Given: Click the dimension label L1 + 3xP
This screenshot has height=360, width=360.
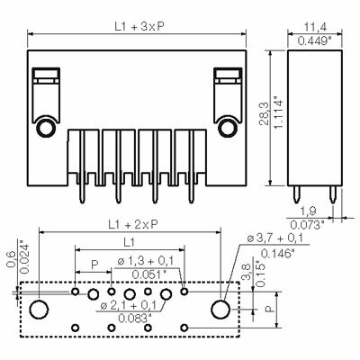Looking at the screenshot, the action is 139,27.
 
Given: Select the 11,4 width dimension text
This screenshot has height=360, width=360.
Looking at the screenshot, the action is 315,27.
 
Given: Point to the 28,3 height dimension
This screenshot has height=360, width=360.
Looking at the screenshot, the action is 265,113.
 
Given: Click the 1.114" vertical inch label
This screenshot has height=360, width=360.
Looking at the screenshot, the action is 279,113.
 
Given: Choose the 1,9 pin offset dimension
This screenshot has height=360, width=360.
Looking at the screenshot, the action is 308,211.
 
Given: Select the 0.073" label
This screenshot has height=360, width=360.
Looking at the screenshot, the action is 308,225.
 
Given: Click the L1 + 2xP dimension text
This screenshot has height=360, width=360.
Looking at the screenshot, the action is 133,224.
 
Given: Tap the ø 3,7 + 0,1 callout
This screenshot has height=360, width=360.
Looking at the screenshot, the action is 274,238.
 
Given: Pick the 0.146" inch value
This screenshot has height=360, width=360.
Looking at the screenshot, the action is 277,254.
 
